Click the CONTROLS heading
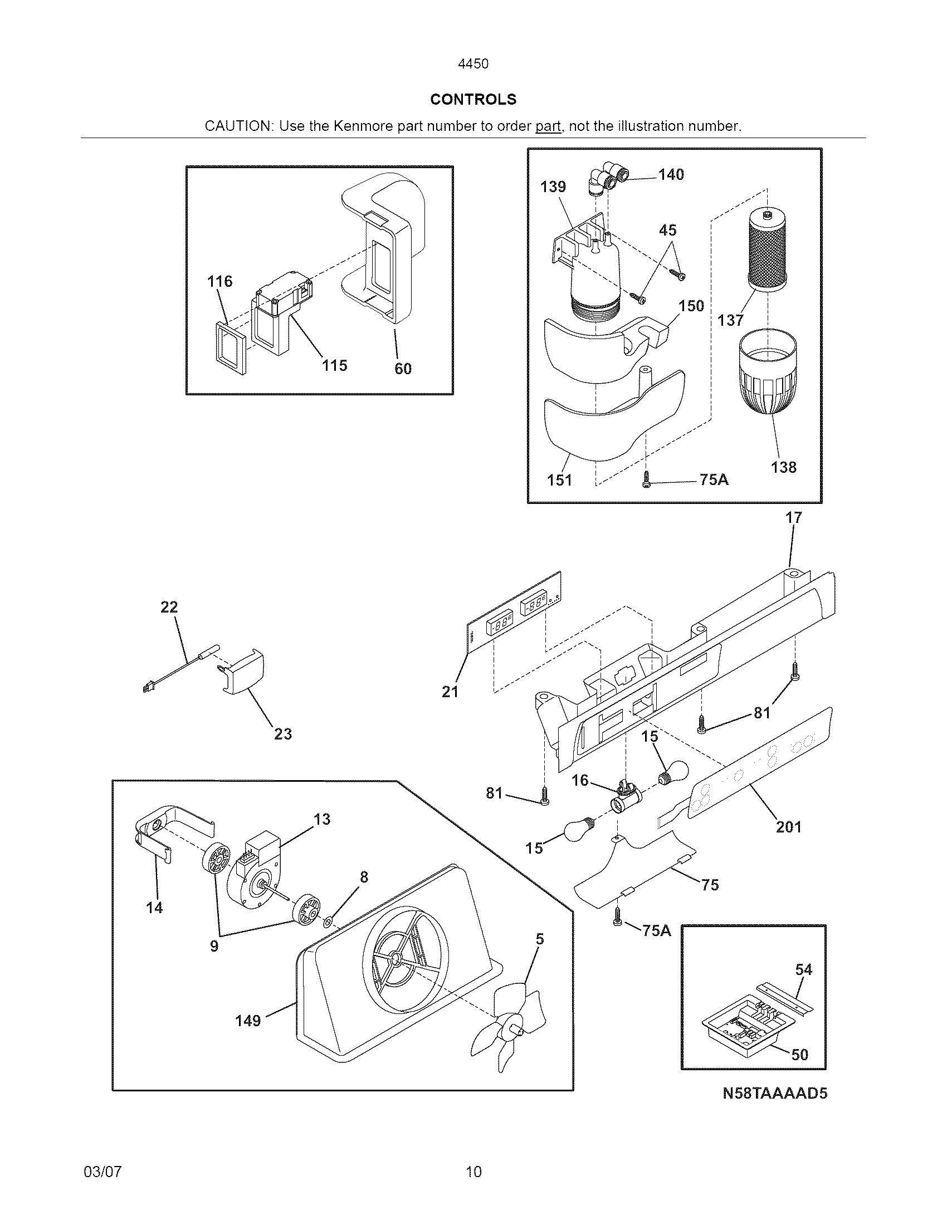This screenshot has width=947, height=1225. click(473, 99)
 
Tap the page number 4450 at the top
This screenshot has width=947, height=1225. click(473, 64)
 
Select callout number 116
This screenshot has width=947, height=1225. click(219, 281)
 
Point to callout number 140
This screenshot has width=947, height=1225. click(671, 174)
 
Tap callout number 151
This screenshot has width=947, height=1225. click(559, 480)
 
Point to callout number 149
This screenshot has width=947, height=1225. click(248, 1020)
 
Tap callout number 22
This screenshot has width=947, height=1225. click(169, 607)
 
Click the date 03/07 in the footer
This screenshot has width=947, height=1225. click(102, 1172)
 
